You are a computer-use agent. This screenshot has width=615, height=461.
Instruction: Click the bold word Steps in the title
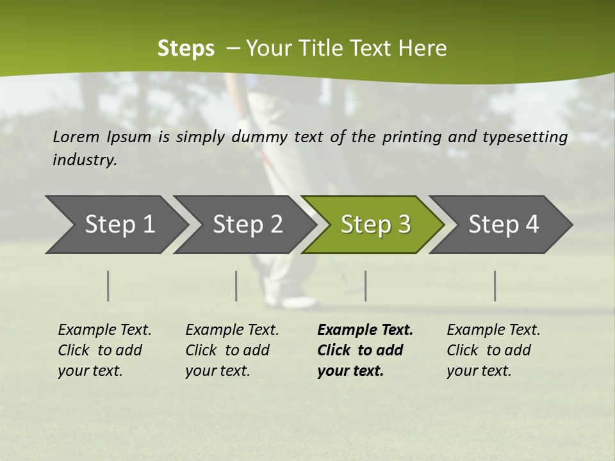coord(186,49)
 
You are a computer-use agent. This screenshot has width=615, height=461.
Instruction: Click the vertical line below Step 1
coord(108,286)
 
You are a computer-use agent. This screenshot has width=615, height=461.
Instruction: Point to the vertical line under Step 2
coord(236,286)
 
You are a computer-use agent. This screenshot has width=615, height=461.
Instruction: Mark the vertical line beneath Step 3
coord(365,286)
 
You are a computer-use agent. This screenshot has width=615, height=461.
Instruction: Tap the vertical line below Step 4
coord(495,286)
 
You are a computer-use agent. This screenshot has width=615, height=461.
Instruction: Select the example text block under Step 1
coord(104,350)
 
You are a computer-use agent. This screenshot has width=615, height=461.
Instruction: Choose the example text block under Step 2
coord(232,350)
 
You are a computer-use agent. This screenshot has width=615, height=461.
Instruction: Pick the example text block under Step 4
coord(493,350)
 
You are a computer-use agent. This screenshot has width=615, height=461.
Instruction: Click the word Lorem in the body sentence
coord(76,137)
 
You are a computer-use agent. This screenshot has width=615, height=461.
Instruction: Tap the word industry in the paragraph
coord(85,160)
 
